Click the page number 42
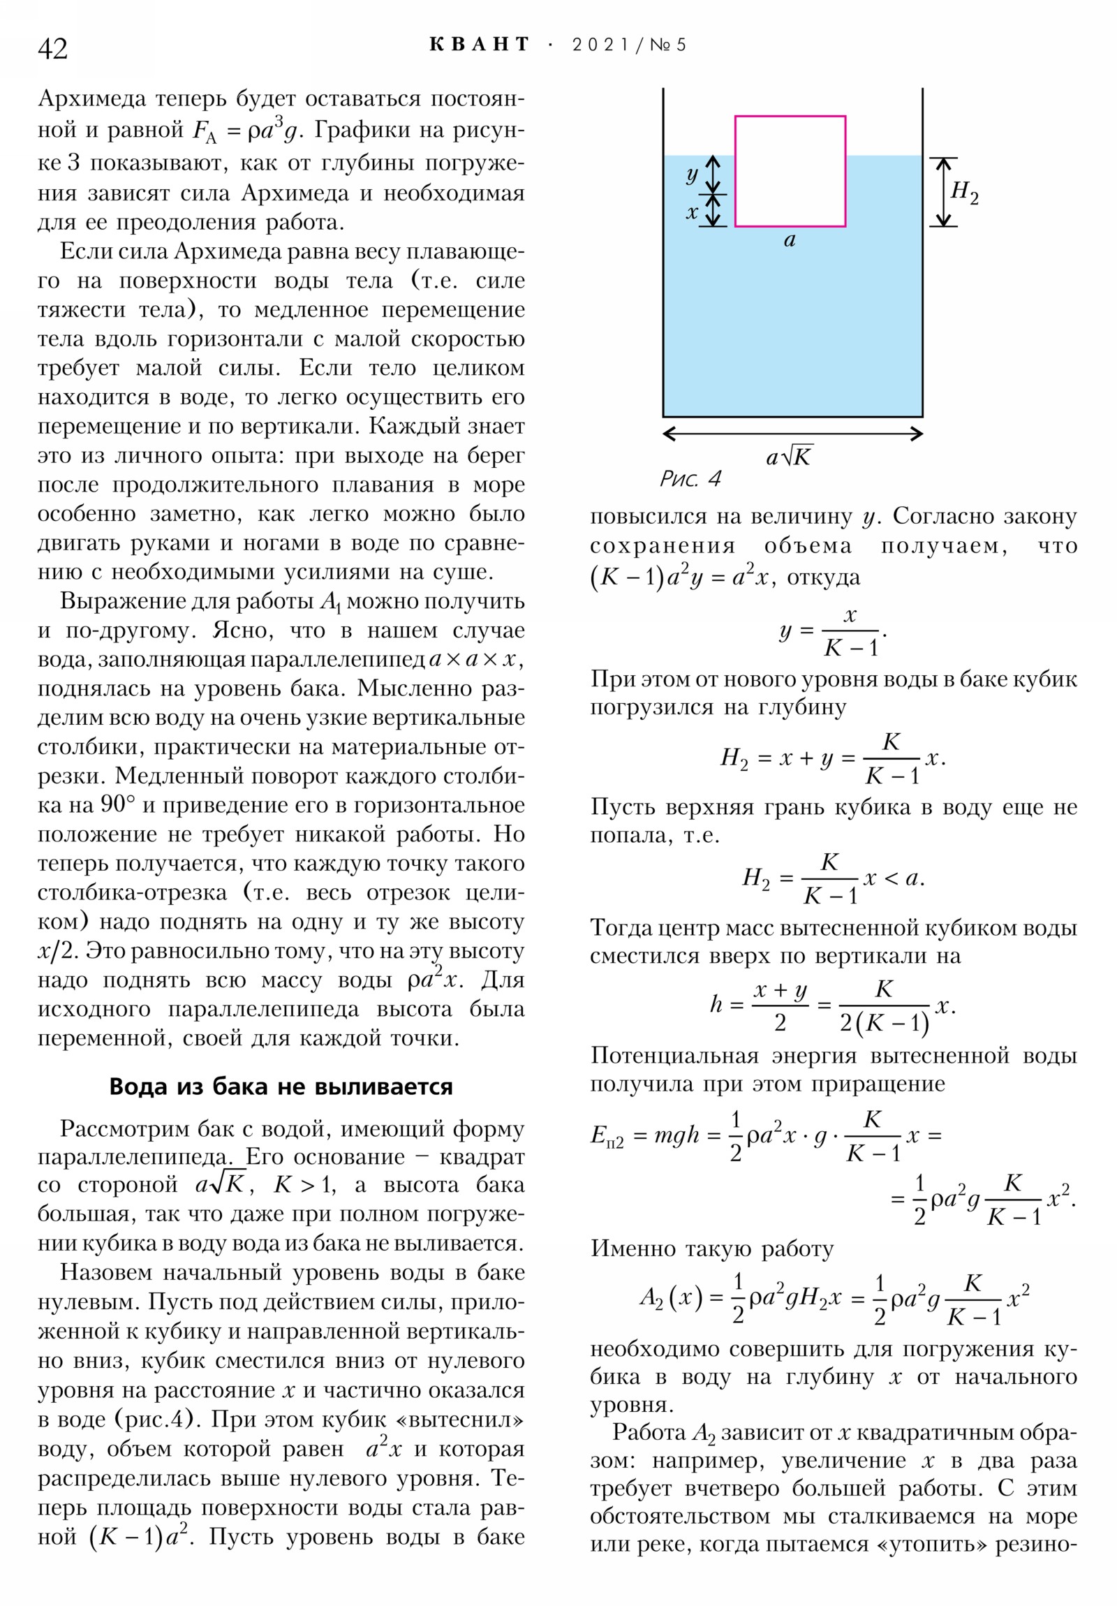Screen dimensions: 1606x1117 pos(52,49)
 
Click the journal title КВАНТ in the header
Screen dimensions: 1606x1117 pos(480,45)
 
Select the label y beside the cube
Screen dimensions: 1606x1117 pos(692,174)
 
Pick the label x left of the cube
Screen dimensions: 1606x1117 pos(692,212)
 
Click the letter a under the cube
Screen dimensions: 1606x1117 pos(790,240)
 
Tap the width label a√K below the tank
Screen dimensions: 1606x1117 pos(789,457)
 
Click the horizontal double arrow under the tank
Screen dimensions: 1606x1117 pos(792,434)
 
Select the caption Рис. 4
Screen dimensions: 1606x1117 pos(690,479)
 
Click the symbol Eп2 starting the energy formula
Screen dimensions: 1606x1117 pos(606,1136)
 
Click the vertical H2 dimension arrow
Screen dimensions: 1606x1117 pos(944,191)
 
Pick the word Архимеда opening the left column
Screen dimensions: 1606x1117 pos(91,99)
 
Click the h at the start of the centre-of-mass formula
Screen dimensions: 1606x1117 pos(716,1005)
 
